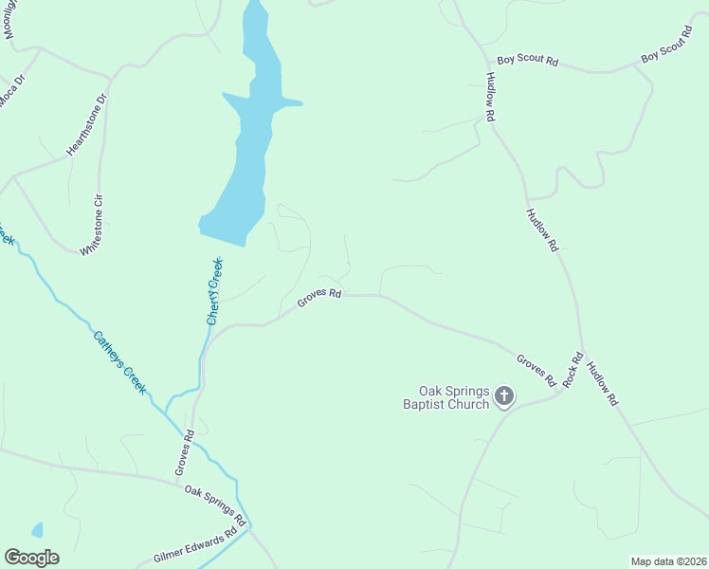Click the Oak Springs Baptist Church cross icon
click(504, 395)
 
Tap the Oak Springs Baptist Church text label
click(455, 397)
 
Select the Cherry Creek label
click(215, 291)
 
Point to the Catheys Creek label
click(119, 361)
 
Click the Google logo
click(31, 557)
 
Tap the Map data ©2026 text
click(668, 561)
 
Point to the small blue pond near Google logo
click(37, 529)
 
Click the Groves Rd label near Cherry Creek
click(318, 298)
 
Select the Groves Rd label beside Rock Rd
click(536, 369)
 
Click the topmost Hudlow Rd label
click(490, 96)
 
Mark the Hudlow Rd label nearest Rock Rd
click(601, 384)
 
